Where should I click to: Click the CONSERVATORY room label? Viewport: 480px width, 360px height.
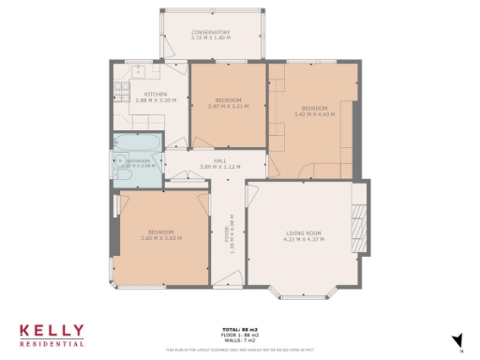point(210,33)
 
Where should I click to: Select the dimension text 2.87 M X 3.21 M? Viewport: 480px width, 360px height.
point(229,105)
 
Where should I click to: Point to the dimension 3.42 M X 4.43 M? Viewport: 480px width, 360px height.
point(313,113)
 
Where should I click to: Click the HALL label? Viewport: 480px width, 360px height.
point(220,161)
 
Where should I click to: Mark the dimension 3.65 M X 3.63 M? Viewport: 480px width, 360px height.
point(161,238)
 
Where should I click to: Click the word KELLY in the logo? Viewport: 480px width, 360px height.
point(52,331)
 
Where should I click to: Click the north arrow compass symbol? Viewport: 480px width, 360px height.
point(458,341)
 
